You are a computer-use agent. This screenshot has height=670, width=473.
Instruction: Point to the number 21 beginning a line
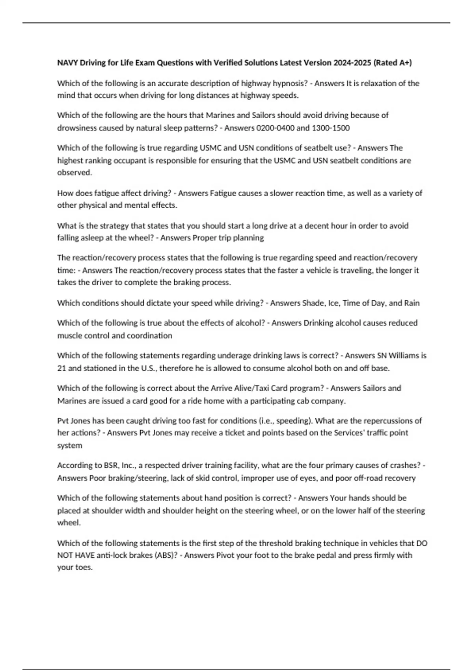pyautogui.click(x=61, y=368)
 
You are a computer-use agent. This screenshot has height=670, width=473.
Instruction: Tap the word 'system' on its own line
pyautogui.click(x=70, y=445)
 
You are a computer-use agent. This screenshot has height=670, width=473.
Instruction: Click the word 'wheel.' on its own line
pyautogui.click(x=69, y=523)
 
